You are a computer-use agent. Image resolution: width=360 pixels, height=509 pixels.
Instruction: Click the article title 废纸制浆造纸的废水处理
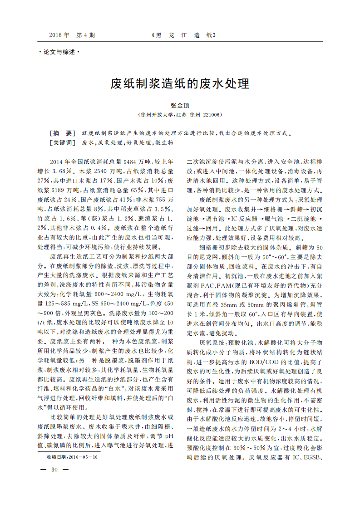(180, 84)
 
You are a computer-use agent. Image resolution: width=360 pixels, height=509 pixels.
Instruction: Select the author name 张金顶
(180, 105)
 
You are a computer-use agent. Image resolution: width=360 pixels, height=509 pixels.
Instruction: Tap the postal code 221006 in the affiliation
(212, 115)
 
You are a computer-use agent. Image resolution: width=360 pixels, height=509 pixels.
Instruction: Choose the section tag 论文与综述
(59, 52)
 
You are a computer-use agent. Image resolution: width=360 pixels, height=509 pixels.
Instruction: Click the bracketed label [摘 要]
(63, 133)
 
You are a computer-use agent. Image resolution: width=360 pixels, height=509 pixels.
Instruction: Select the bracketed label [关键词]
(63, 142)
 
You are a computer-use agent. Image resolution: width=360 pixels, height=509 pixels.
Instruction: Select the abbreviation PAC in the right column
(207, 285)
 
